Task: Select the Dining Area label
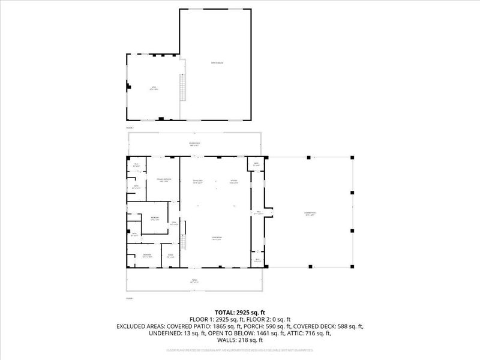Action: coord(197,182)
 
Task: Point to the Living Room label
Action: coord(215,239)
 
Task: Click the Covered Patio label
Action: coord(310,214)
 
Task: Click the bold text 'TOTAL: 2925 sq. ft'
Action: coord(239,313)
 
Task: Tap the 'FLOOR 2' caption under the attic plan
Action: coord(129,128)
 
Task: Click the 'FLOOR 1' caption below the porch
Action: coord(129,298)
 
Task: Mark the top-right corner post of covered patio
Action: coord(352,158)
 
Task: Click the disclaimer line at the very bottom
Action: coord(239,349)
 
